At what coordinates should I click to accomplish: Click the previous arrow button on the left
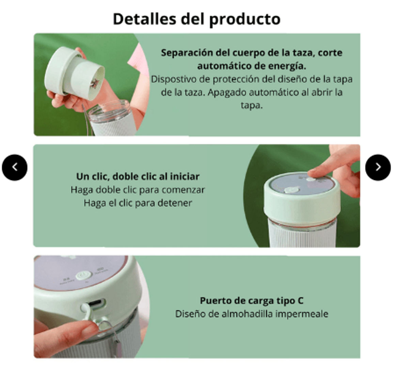[15, 167]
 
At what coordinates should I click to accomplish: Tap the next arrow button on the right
[378, 167]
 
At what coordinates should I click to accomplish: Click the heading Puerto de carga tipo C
[251, 301]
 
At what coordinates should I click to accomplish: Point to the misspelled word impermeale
[301, 314]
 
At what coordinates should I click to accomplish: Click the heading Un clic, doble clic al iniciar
[138, 177]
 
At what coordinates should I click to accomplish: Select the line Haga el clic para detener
[138, 203]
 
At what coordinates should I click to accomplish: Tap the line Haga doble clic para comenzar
[138, 190]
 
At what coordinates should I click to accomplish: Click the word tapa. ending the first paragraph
[251, 106]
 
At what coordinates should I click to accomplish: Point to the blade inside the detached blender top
[94, 83]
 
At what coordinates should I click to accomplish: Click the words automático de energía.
[251, 66]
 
